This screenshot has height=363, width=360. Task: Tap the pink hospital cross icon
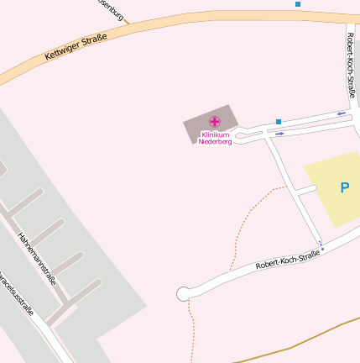(215, 122)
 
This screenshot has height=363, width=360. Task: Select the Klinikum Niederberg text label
(216, 138)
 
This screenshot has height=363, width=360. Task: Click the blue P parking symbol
(344, 188)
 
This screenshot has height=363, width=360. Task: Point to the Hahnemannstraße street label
(37, 258)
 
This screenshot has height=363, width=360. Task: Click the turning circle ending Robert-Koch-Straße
(183, 293)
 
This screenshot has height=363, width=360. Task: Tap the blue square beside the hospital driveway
(279, 122)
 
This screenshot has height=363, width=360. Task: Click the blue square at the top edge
(298, 4)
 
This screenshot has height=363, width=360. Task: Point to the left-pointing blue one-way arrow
(342, 113)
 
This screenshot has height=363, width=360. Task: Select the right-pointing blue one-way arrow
(279, 133)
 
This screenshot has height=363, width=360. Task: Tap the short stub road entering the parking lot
(305, 192)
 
